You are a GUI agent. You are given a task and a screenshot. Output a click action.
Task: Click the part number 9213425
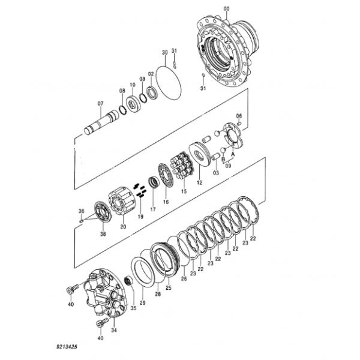tap(67, 346)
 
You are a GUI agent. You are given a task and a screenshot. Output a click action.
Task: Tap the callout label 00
tap(226, 9)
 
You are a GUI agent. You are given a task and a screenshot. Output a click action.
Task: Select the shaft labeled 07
tap(101, 122)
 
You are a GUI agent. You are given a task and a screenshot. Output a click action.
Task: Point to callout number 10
tap(133, 85)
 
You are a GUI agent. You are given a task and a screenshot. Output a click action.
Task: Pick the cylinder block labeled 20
tap(121, 201)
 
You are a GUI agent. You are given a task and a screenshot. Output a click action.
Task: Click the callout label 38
tap(103, 234)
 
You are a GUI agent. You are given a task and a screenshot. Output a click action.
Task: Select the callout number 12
tap(200, 182)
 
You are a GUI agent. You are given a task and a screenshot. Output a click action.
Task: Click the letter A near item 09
tap(233, 154)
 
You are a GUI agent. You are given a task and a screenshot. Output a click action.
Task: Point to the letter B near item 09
tap(223, 159)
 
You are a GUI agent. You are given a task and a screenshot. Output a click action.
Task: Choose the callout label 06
tap(239, 115)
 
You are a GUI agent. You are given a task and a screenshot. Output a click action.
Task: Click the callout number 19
tap(140, 216)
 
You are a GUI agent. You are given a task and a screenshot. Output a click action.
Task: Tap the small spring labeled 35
tap(128, 281)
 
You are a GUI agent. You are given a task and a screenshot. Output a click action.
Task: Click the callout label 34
tap(114, 330)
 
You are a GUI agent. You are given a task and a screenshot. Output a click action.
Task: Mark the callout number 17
tap(153, 209)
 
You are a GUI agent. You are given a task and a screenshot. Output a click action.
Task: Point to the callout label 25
tap(169, 287)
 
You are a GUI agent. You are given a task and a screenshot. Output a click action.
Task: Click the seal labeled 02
tap(152, 92)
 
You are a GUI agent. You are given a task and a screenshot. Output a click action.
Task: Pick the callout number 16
tap(166, 202)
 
